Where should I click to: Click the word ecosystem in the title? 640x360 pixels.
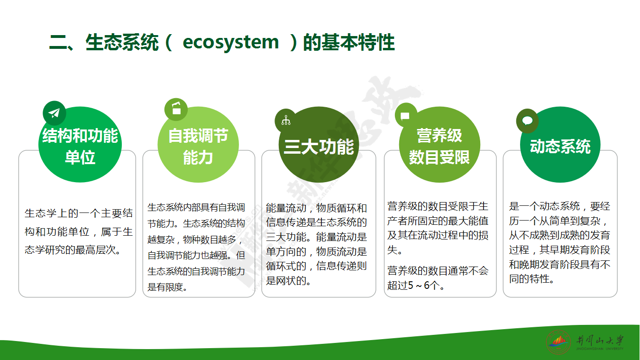click(230, 43)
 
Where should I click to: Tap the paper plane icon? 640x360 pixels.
click(54, 113)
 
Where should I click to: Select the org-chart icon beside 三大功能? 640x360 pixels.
click(286, 120)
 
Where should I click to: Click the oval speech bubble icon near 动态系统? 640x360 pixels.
click(528, 120)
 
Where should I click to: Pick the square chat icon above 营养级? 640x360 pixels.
click(405, 116)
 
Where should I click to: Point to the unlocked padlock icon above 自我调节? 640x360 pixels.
click(176, 109)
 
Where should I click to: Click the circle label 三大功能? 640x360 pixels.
click(319, 147)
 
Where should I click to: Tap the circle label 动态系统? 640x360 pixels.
click(560, 147)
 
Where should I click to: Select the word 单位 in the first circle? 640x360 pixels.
click(80, 157)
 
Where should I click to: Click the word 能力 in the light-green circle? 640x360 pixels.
click(198, 157)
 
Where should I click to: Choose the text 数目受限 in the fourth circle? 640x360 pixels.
click(439, 157)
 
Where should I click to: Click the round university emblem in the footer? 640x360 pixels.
click(558, 342)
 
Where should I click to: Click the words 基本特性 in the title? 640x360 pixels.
click(358, 43)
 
